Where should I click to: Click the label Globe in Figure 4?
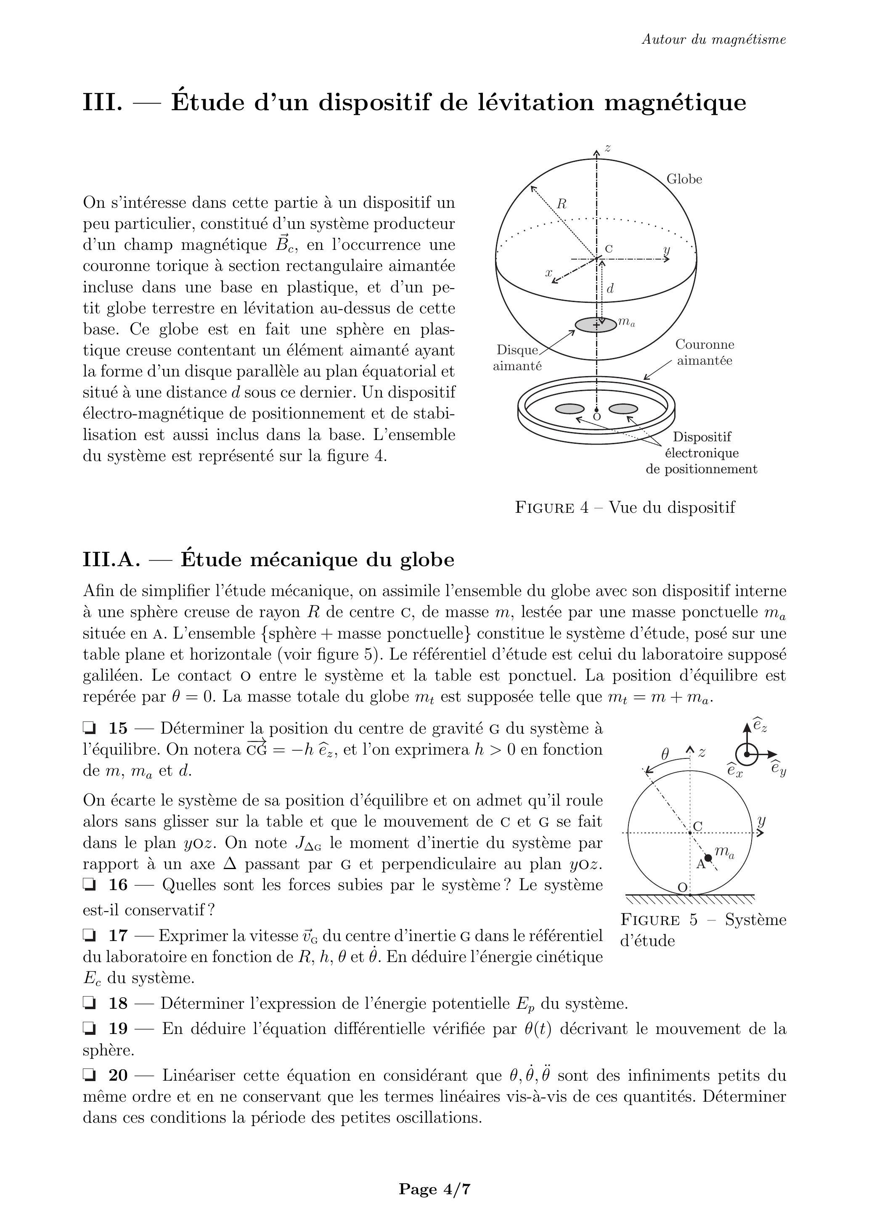click(x=684, y=180)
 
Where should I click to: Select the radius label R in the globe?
click(x=562, y=204)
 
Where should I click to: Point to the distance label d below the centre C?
click(x=610, y=289)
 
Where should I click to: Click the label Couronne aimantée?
click(x=704, y=353)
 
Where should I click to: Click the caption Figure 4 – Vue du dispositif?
click(x=625, y=507)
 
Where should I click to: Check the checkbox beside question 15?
click(x=90, y=728)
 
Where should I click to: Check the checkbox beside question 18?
click(x=90, y=1003)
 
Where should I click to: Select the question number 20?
click(x=118, y=1075)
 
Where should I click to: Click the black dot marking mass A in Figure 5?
click(x=708, y=858)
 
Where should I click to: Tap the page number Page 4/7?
click(x=434, y=1189)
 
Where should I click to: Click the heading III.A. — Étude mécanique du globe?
click(x=268, y=559)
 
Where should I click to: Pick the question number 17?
click(x=118, y=936)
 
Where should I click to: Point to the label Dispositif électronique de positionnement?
click(x=701, y=453)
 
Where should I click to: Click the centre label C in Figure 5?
click(x=697, y=826)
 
